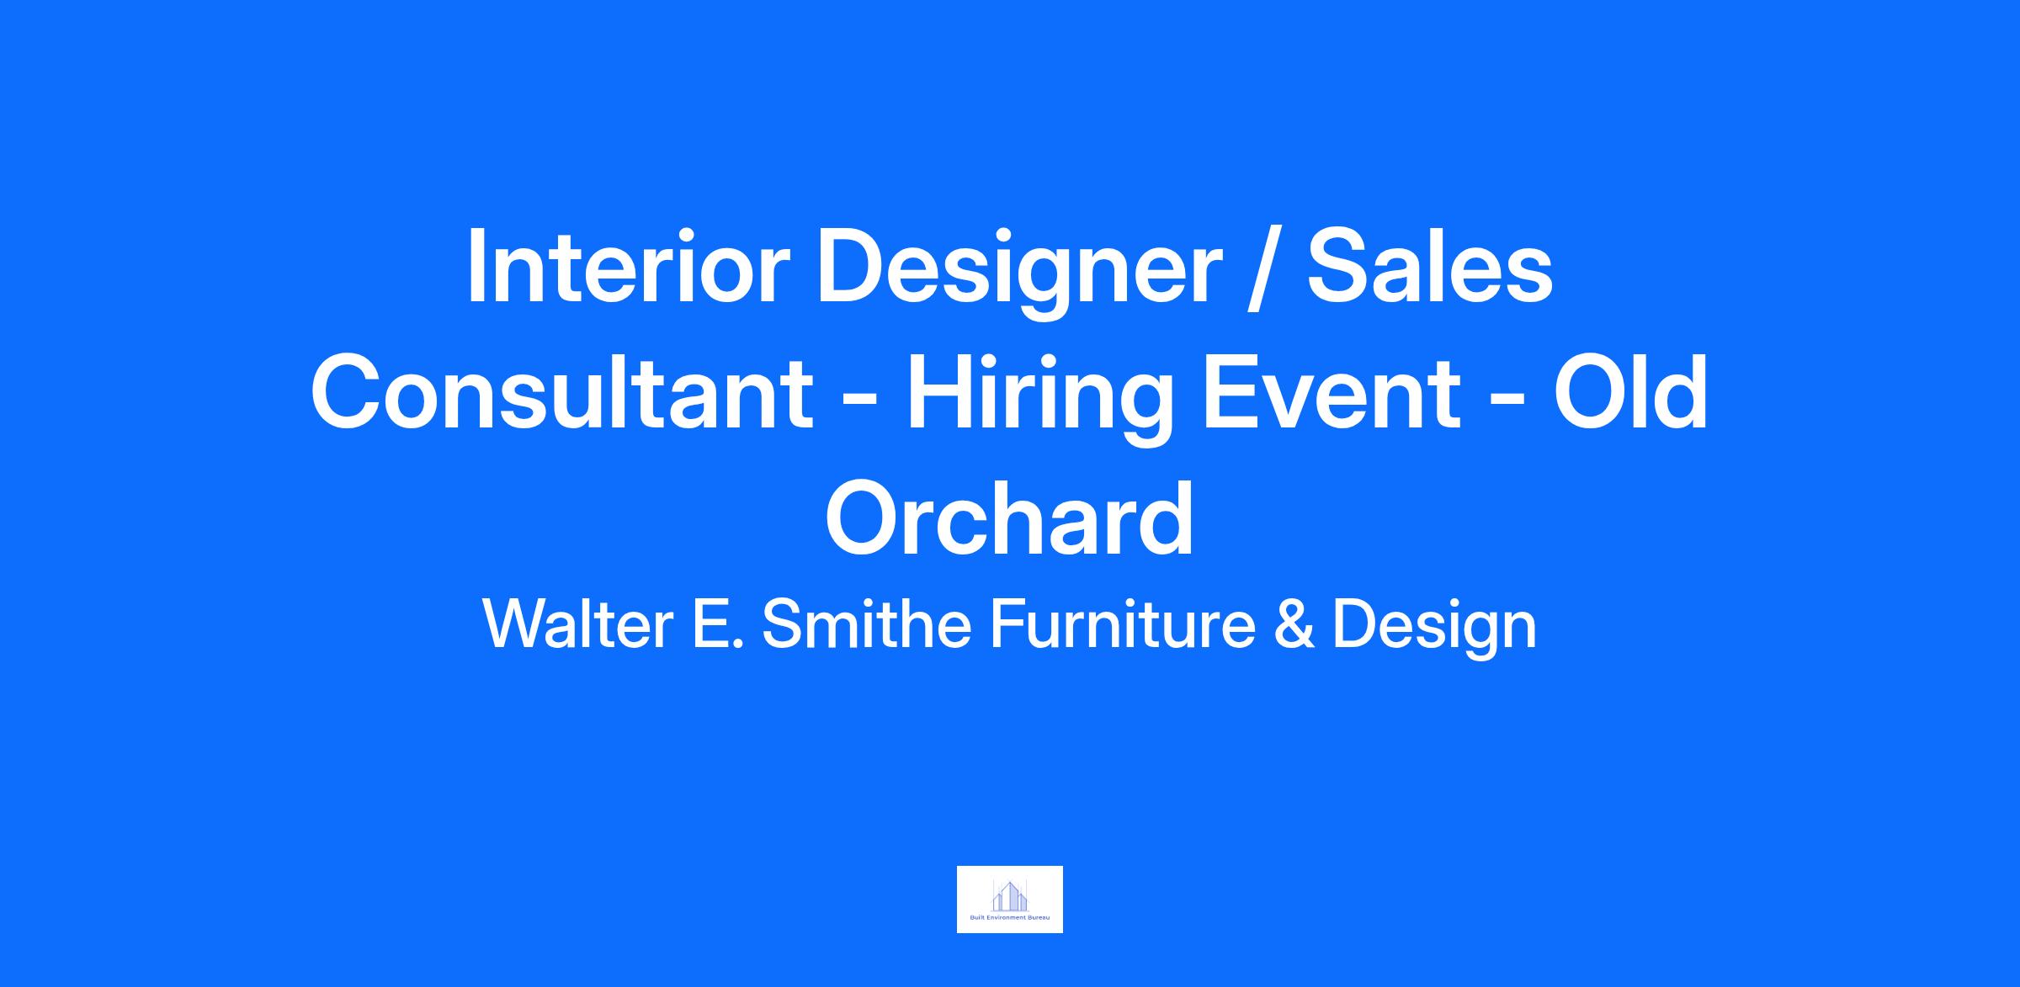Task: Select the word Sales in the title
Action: click(x=1429, y=267)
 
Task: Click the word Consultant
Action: click(x=562, y=393)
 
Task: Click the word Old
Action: click(x=1630, y=393)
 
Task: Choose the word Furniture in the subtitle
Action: click(x=1123, y=624)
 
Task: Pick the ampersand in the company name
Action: click(x=1294, y=624)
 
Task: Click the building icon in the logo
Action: click(x=1010, y=895)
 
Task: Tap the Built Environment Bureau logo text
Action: click(x=1010, y=917)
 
